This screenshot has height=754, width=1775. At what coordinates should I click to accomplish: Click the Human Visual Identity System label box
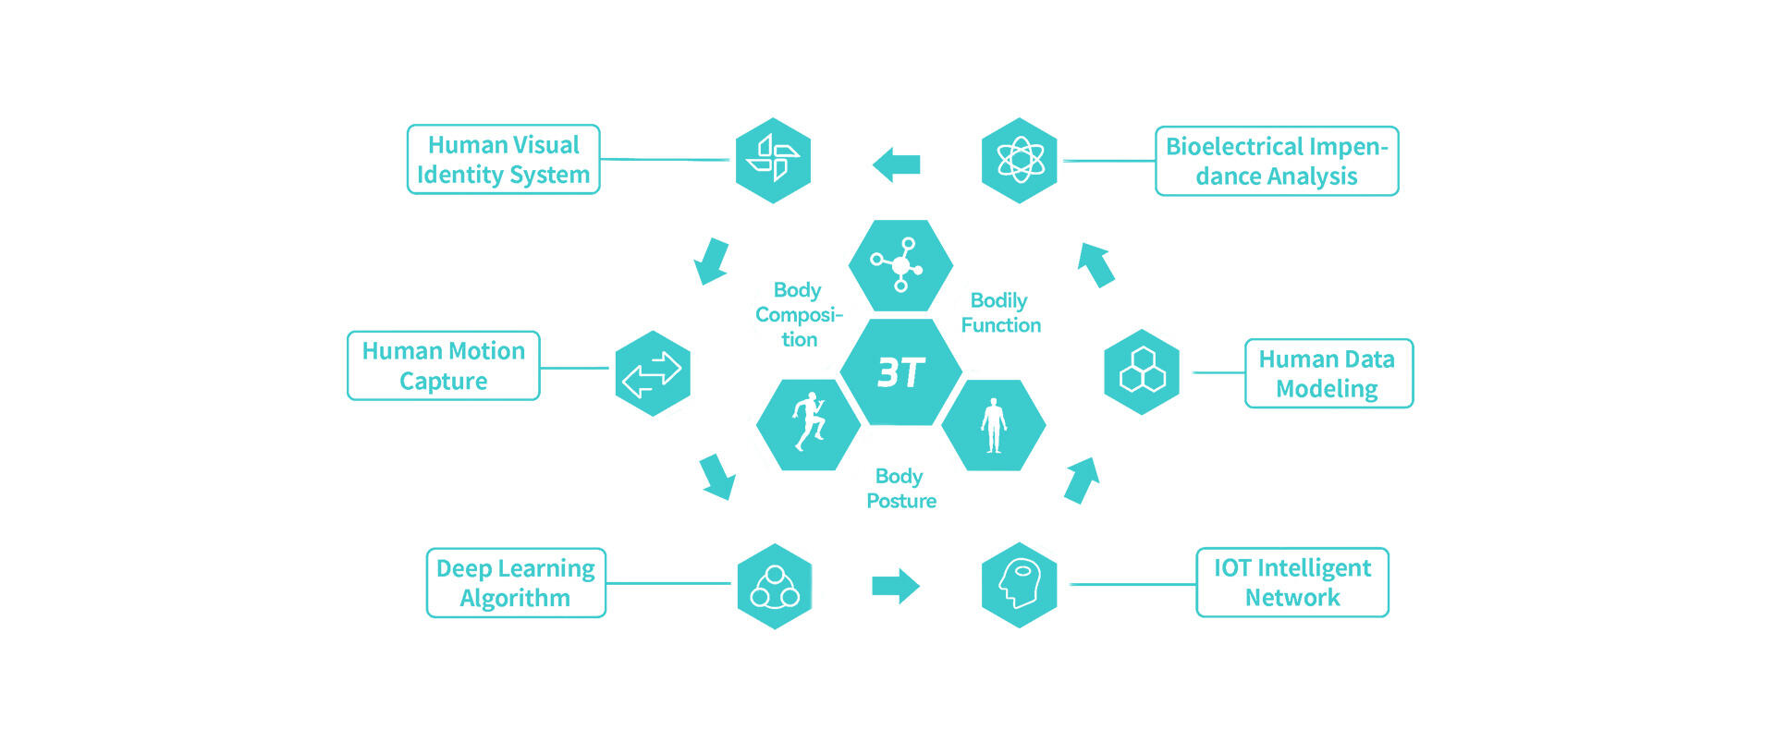(x=504, y=160)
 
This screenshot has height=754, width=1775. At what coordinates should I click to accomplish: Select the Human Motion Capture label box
(x=444, y=366)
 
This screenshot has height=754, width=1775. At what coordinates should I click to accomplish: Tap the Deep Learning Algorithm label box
(x=516, y=583)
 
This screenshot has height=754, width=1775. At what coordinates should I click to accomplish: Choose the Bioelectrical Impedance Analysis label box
(x=1277, y=162)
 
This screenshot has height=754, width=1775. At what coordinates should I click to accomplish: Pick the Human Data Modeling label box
(x=1328, y=373)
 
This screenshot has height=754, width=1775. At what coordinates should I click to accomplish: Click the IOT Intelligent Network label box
(x=1292, y=582)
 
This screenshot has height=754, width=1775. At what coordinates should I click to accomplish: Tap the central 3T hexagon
(x=901, y=372)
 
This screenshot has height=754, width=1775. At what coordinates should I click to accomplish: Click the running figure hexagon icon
(x=809, y=424)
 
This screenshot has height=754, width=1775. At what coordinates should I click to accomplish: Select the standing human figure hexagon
(x=994, y=425)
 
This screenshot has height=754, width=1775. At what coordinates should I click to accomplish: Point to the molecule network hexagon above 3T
(x=901, y=265)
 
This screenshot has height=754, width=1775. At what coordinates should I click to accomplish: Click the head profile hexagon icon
(x=1019, y=585)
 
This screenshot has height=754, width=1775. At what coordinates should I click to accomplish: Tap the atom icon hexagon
(x=1020, y=161)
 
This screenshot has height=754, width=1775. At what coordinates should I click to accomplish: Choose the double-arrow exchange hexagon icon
(x=653, y=373)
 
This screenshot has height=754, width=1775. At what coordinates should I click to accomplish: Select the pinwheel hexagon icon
(x=773, y=160)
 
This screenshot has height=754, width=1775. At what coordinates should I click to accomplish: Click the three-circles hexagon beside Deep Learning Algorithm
(x=775, y=586)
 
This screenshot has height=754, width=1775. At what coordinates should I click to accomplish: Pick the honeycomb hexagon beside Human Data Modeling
(x=1142, y=371)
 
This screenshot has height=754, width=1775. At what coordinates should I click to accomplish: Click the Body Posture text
(x=901, y=489)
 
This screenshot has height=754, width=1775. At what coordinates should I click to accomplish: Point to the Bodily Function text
(x=1000, y=313)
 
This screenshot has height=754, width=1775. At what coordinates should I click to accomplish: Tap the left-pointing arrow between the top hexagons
(x=896, y=164)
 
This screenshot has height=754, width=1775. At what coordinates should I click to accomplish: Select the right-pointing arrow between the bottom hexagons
(x=896, y=585)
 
